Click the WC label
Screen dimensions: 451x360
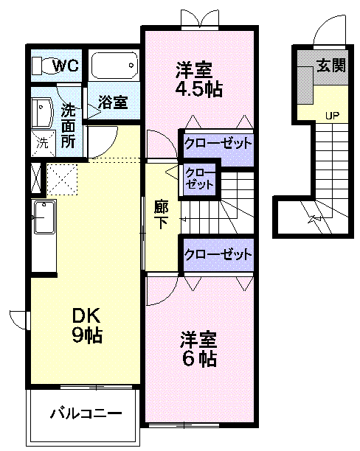(x=66, y=66)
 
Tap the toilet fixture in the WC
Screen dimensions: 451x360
(x=42, y=66)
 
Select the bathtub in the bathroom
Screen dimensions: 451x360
(x=114, y=66)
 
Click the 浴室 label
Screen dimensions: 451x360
(x=114, y=102)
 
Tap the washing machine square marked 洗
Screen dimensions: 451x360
(x=41, y=143)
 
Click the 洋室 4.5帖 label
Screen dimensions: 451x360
(x=198, y=80)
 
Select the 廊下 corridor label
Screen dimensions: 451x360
(x=161, y=214)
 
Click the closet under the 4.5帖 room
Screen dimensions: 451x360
(x=217, y=143)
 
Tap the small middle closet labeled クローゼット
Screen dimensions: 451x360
(x=199, y=180)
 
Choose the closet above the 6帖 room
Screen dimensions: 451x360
(x=217, y=255)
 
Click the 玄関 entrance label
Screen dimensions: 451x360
(x=331, y=65)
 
